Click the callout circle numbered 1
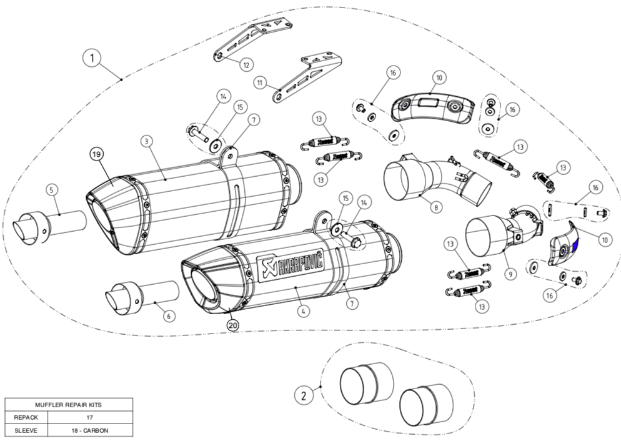pyautogui.click(x=92, y=59)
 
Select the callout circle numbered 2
pyautogui.click(x=304, y=395)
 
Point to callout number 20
pyautogui.click(x=232, y=324)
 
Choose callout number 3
pyautogui.click(x=145, y=142)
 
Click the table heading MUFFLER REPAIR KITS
pyautogui.click(x=69, y=405)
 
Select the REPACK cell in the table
pyautogui.click(x=22, y=417)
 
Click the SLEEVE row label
pyautogui.click(x=22, y=430)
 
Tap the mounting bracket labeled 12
pyautogui.click(x=253, y=37)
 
